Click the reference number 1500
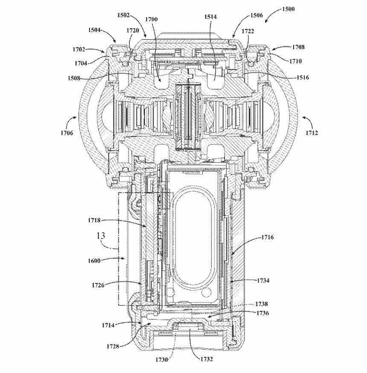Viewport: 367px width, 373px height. [288, 9]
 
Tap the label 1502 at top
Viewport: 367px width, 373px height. [123, 15]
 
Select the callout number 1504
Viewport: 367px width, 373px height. [95, 30]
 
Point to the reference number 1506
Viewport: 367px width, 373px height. [256, 15]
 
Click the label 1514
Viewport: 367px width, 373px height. [210, 17]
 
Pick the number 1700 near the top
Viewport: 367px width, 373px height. [151, 19]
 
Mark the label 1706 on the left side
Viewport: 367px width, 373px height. [67, 133]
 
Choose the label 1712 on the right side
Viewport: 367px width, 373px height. [312, 133]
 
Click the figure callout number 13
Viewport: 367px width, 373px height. [101, 236]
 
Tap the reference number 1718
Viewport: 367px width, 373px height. [95, 220]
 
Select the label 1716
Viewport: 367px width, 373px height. [268, 237]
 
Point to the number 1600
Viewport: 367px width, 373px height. [94, 260]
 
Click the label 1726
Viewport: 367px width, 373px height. [98, 285]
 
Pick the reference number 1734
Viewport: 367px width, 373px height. [263, 280]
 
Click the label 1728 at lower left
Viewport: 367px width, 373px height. [113, 346]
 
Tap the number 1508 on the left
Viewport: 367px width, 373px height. [74, 78]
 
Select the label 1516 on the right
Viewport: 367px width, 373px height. [302, 77]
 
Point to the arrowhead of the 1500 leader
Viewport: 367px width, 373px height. [266, 22]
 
